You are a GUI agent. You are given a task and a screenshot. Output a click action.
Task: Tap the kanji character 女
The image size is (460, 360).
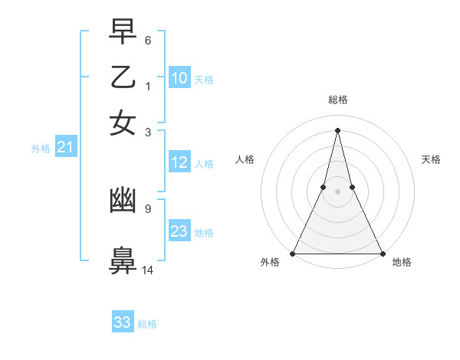click(123, 123)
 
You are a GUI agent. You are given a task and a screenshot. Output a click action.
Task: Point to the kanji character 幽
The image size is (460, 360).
click(123, 201)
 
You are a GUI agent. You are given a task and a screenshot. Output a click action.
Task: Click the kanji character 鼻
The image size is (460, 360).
click(123, 259)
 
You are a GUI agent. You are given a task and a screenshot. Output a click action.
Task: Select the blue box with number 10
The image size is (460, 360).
click(179, 78)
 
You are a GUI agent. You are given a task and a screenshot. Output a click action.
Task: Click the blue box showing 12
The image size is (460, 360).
click(179, 162)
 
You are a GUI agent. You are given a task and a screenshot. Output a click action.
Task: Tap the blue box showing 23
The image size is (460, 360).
click(179, 231)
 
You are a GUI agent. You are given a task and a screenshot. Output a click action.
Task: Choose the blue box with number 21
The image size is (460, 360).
click(65, 148)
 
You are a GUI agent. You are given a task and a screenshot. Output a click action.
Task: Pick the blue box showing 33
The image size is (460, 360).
click(123, 322)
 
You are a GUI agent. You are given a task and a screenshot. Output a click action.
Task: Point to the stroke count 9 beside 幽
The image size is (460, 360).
click(148, 208)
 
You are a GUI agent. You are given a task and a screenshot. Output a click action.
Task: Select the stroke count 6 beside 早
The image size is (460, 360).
click(148, 39)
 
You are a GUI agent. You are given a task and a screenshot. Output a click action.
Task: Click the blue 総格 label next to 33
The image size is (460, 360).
click(147, 324)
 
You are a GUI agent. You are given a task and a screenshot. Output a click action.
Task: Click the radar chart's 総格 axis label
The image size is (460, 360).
click(337, 100)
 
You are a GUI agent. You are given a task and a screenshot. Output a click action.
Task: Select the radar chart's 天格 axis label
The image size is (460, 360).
click(431, 159)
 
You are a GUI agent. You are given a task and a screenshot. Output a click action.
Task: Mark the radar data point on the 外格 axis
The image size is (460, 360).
click(293, 254)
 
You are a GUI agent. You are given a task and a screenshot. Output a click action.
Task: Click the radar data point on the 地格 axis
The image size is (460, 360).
click(382, 254)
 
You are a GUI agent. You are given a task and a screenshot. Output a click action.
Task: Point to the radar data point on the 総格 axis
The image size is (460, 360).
click(337, 129)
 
